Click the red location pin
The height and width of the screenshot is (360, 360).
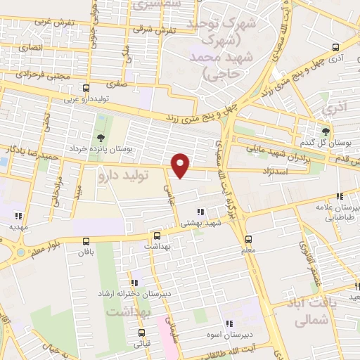click(x=181, y=165)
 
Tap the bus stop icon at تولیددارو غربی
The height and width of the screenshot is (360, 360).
click(x=86, y=89)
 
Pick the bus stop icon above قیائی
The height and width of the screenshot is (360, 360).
click(x=142, y=333)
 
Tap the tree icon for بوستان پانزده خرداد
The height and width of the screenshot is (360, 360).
click(x=100, y=137)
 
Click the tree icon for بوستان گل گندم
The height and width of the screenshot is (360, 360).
click(x=325, y=131)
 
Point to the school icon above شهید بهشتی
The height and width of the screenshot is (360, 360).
click(x=200, y=211)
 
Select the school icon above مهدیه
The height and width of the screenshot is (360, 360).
click(x=19, y=216)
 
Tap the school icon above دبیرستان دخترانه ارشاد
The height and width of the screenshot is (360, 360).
click(x=134, y=283)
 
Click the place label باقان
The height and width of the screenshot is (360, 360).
click(x=86, y=250)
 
